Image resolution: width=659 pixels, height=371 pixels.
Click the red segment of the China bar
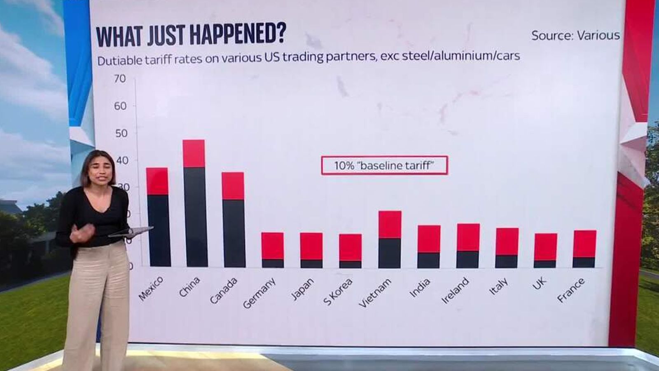pos(194,153)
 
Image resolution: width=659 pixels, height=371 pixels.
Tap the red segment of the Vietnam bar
pos(390,224)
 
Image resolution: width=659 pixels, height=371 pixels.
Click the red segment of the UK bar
pos(546,247)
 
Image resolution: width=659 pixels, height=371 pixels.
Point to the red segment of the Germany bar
pos(273,246)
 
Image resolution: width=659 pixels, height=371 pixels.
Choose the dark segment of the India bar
pos(429,260)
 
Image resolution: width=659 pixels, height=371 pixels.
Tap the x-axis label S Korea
pos(338,292)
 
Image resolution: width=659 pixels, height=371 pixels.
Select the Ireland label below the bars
pos(455,290)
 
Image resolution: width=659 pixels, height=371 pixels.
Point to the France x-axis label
pos(571,290)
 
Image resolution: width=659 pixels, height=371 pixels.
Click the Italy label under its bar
pos(498,286)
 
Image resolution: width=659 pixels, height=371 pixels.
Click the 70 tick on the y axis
pos(120,78)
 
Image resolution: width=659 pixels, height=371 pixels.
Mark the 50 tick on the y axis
pos(121,133)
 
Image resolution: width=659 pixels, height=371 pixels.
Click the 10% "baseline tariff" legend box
pos(384,165)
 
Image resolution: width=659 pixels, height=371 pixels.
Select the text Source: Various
pos(575,35)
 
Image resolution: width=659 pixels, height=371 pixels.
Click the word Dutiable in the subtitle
pos(120,61)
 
